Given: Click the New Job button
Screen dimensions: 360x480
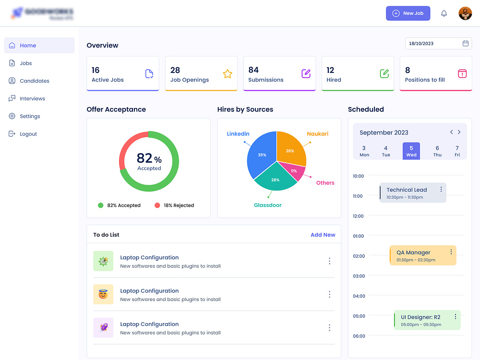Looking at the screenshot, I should point(408,13).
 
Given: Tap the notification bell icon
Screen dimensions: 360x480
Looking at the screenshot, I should point(444,13).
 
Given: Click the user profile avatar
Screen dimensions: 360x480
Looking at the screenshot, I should point(465,13).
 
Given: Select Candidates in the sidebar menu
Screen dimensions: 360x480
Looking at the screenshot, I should point(34,81).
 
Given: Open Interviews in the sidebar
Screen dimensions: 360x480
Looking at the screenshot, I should point(32,98).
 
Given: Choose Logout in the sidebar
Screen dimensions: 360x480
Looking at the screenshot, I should point(28,134).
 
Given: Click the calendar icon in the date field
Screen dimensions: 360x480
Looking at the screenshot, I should point(465,43).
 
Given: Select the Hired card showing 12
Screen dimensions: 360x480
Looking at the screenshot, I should point(357,73).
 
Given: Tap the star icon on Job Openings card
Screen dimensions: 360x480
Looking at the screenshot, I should point(228,73).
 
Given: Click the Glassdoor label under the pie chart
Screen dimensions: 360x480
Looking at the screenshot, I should point(267,205).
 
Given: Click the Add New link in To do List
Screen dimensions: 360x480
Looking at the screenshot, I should point(323,235).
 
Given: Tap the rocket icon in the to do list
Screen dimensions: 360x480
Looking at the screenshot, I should point(103,327).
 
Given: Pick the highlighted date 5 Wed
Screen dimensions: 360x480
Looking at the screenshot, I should point(411,151).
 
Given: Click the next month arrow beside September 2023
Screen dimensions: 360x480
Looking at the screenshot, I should point(459,132).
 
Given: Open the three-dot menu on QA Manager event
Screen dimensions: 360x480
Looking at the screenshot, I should point(451,252).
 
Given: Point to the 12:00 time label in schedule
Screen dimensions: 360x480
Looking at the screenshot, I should point(358,216).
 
